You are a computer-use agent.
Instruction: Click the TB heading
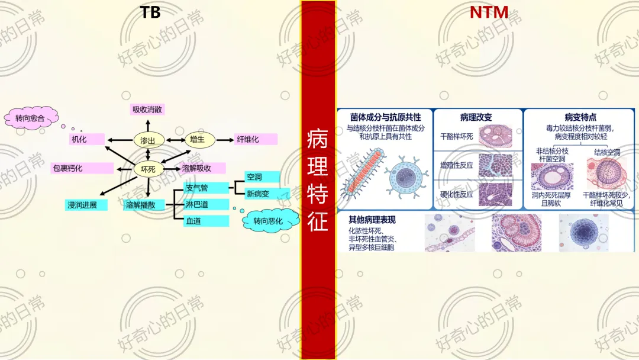151,12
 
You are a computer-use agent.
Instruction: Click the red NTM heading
489,12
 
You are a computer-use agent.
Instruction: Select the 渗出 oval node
148,140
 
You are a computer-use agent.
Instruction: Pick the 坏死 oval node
148,169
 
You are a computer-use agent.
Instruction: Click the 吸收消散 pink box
147,110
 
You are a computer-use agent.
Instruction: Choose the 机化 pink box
87,140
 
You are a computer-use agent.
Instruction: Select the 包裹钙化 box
82,168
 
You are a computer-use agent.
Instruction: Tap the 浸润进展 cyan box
86,205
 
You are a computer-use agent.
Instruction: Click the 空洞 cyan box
262,177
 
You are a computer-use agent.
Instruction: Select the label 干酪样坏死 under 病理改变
457,136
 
